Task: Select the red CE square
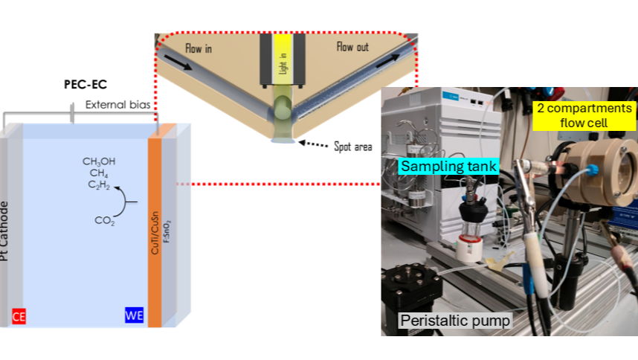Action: coord(19,317)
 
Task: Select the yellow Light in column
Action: coord(283,55)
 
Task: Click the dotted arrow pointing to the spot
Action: coord(313,144)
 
